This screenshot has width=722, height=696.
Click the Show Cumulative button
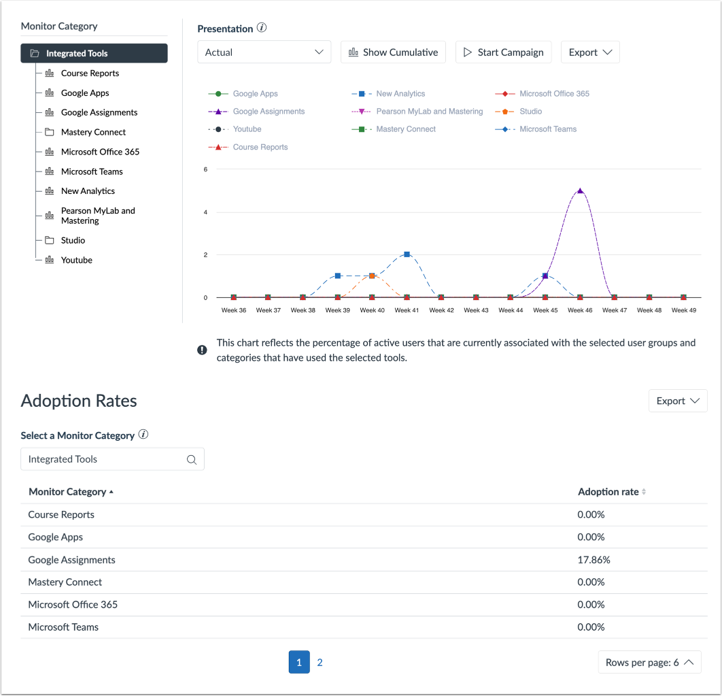pos(393,52)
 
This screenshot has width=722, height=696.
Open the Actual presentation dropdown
pos(264,52)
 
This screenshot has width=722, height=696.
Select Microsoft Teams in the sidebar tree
pos(92,171)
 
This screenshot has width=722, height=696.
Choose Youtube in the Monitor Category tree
pos(76,260)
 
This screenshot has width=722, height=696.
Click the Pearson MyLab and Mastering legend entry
pos(429,112)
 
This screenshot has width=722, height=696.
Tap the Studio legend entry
pos(530,112)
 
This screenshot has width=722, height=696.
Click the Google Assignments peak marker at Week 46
pos(580,191)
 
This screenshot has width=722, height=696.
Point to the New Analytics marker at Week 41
pos(407,254)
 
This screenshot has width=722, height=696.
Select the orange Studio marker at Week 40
pos(372,276)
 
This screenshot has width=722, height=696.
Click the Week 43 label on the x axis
pos(476,310)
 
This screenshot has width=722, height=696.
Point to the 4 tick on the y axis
pos(205,212)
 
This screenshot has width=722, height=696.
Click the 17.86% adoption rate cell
pos(594,560)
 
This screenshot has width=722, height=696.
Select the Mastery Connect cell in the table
pos(65,582)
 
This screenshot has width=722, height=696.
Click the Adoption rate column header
pos(608,492)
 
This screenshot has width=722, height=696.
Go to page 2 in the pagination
pos(320,663)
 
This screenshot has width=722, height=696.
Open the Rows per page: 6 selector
pos(649,663)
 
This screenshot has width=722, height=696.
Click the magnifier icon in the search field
pos(192,460)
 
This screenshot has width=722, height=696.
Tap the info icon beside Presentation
pos(262,29)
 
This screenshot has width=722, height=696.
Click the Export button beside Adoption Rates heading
pos(677,401)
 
